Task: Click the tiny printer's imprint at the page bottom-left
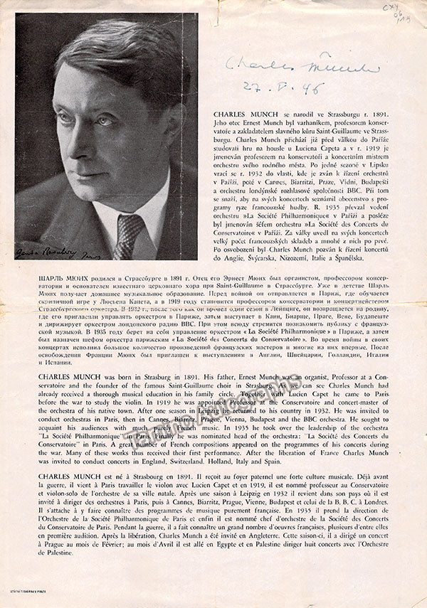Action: pyautogui.click(x=32, y=594)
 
